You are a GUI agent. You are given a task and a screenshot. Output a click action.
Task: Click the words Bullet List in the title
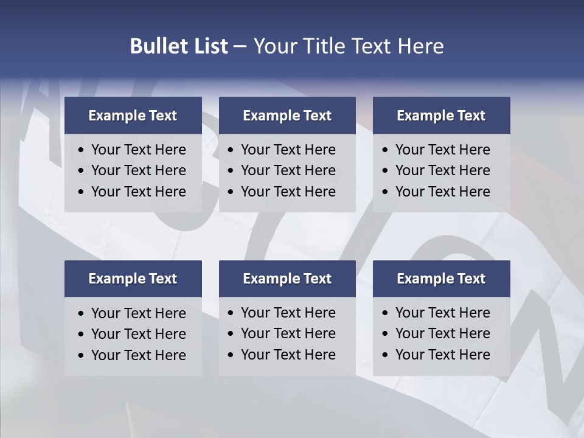[x=179, y=46]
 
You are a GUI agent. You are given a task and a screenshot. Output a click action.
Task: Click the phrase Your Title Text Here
[x=348, y=46]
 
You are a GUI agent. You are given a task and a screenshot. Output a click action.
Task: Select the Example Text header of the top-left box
[x=133, y=116]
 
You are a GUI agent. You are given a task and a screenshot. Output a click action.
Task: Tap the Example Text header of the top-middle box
[x=287, y=116]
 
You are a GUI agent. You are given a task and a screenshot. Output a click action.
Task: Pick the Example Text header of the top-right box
[x=441, y=116]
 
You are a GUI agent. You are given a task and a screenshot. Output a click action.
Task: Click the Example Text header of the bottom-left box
[x=133, y=279]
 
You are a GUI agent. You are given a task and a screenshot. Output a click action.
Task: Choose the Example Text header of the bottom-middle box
[x=287, y=279]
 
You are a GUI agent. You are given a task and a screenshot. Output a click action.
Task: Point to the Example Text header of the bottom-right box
[x=441, y=279]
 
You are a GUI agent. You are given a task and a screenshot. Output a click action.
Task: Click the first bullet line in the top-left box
[x=139, y=150]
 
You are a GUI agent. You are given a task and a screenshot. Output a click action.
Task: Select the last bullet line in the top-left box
[x=139, y=192]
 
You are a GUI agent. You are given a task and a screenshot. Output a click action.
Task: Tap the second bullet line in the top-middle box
[x=288, y=170]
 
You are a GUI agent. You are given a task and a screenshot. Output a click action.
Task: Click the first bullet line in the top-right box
[x=443, y=150]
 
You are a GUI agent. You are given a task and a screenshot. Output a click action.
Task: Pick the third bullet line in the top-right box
[x=443, y=192]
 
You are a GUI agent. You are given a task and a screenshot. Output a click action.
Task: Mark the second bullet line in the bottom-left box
[x=139, y=334]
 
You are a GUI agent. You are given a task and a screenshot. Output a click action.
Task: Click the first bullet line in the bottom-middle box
[x=288, y=313]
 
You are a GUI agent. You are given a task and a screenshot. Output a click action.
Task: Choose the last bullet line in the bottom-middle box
[x=288, y=355]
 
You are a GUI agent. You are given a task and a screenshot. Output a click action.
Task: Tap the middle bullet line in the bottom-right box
[x=443, y=333]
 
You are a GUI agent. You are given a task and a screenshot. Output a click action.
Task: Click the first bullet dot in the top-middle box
[x=231, y=150]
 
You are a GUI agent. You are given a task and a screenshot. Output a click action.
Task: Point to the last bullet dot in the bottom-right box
[x=385, y=355]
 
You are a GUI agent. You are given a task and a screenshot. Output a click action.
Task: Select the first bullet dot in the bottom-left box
[x=81, y=314]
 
